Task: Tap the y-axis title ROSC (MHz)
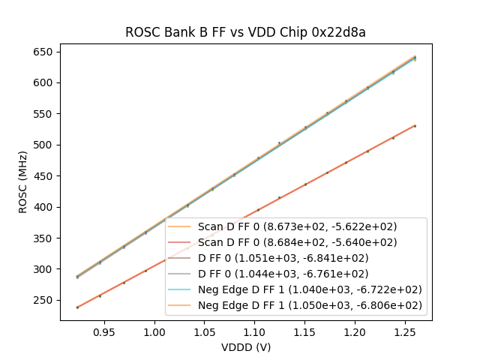[23, 181]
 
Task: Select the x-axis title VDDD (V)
[245, 347]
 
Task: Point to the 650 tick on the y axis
[43, 52]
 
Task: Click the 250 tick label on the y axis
[43, 300]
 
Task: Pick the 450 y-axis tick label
[43, 176]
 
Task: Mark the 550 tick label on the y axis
[43, 114]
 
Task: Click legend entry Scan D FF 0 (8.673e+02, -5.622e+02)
[297, 226]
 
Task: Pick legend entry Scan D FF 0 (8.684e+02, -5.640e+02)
[297, 242]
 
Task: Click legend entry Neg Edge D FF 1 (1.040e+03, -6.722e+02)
[309, 289]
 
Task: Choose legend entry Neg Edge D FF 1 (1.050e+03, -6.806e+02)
[309, 305]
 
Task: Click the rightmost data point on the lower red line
[415, 126]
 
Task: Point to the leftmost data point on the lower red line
[77, 307]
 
